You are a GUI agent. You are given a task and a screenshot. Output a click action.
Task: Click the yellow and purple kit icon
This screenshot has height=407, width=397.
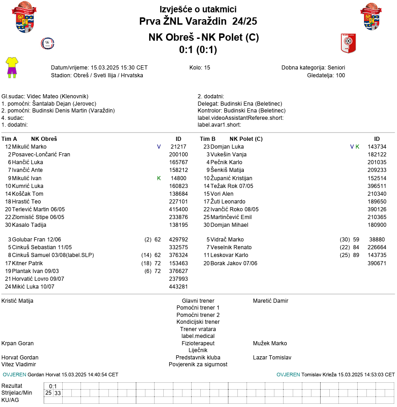pos(11,68)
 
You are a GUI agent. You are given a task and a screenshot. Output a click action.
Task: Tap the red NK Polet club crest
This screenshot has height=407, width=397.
pos(348,43)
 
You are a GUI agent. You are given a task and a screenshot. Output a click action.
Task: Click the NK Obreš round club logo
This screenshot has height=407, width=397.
pos(48,43)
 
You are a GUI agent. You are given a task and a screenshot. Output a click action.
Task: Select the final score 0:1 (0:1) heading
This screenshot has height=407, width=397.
pos(198,49)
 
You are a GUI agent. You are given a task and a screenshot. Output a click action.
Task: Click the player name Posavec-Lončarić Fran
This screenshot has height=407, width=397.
pos(41,155)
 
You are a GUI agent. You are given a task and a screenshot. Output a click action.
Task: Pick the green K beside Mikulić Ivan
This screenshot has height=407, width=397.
pos(159,178)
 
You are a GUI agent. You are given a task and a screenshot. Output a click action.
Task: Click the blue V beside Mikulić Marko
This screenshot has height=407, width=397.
pos(159,147)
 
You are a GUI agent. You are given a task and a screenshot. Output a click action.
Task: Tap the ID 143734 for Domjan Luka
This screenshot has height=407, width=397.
pos(377,147)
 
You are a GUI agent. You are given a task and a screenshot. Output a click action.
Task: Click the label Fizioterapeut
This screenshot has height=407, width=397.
pos(198,343)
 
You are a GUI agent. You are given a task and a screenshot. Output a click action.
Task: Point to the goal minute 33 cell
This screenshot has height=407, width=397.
pos(58,393)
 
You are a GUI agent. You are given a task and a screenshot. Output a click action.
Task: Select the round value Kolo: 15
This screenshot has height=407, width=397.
pos(200,68)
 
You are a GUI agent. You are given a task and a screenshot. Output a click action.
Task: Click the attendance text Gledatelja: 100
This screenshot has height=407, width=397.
pos(326,75)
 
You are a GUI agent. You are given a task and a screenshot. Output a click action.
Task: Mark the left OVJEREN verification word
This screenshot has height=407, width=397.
pos(14,375)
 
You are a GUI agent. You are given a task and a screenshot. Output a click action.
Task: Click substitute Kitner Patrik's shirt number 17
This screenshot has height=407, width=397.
pos(8,263)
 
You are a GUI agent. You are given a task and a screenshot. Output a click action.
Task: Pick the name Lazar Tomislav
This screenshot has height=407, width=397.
pos(272,358)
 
